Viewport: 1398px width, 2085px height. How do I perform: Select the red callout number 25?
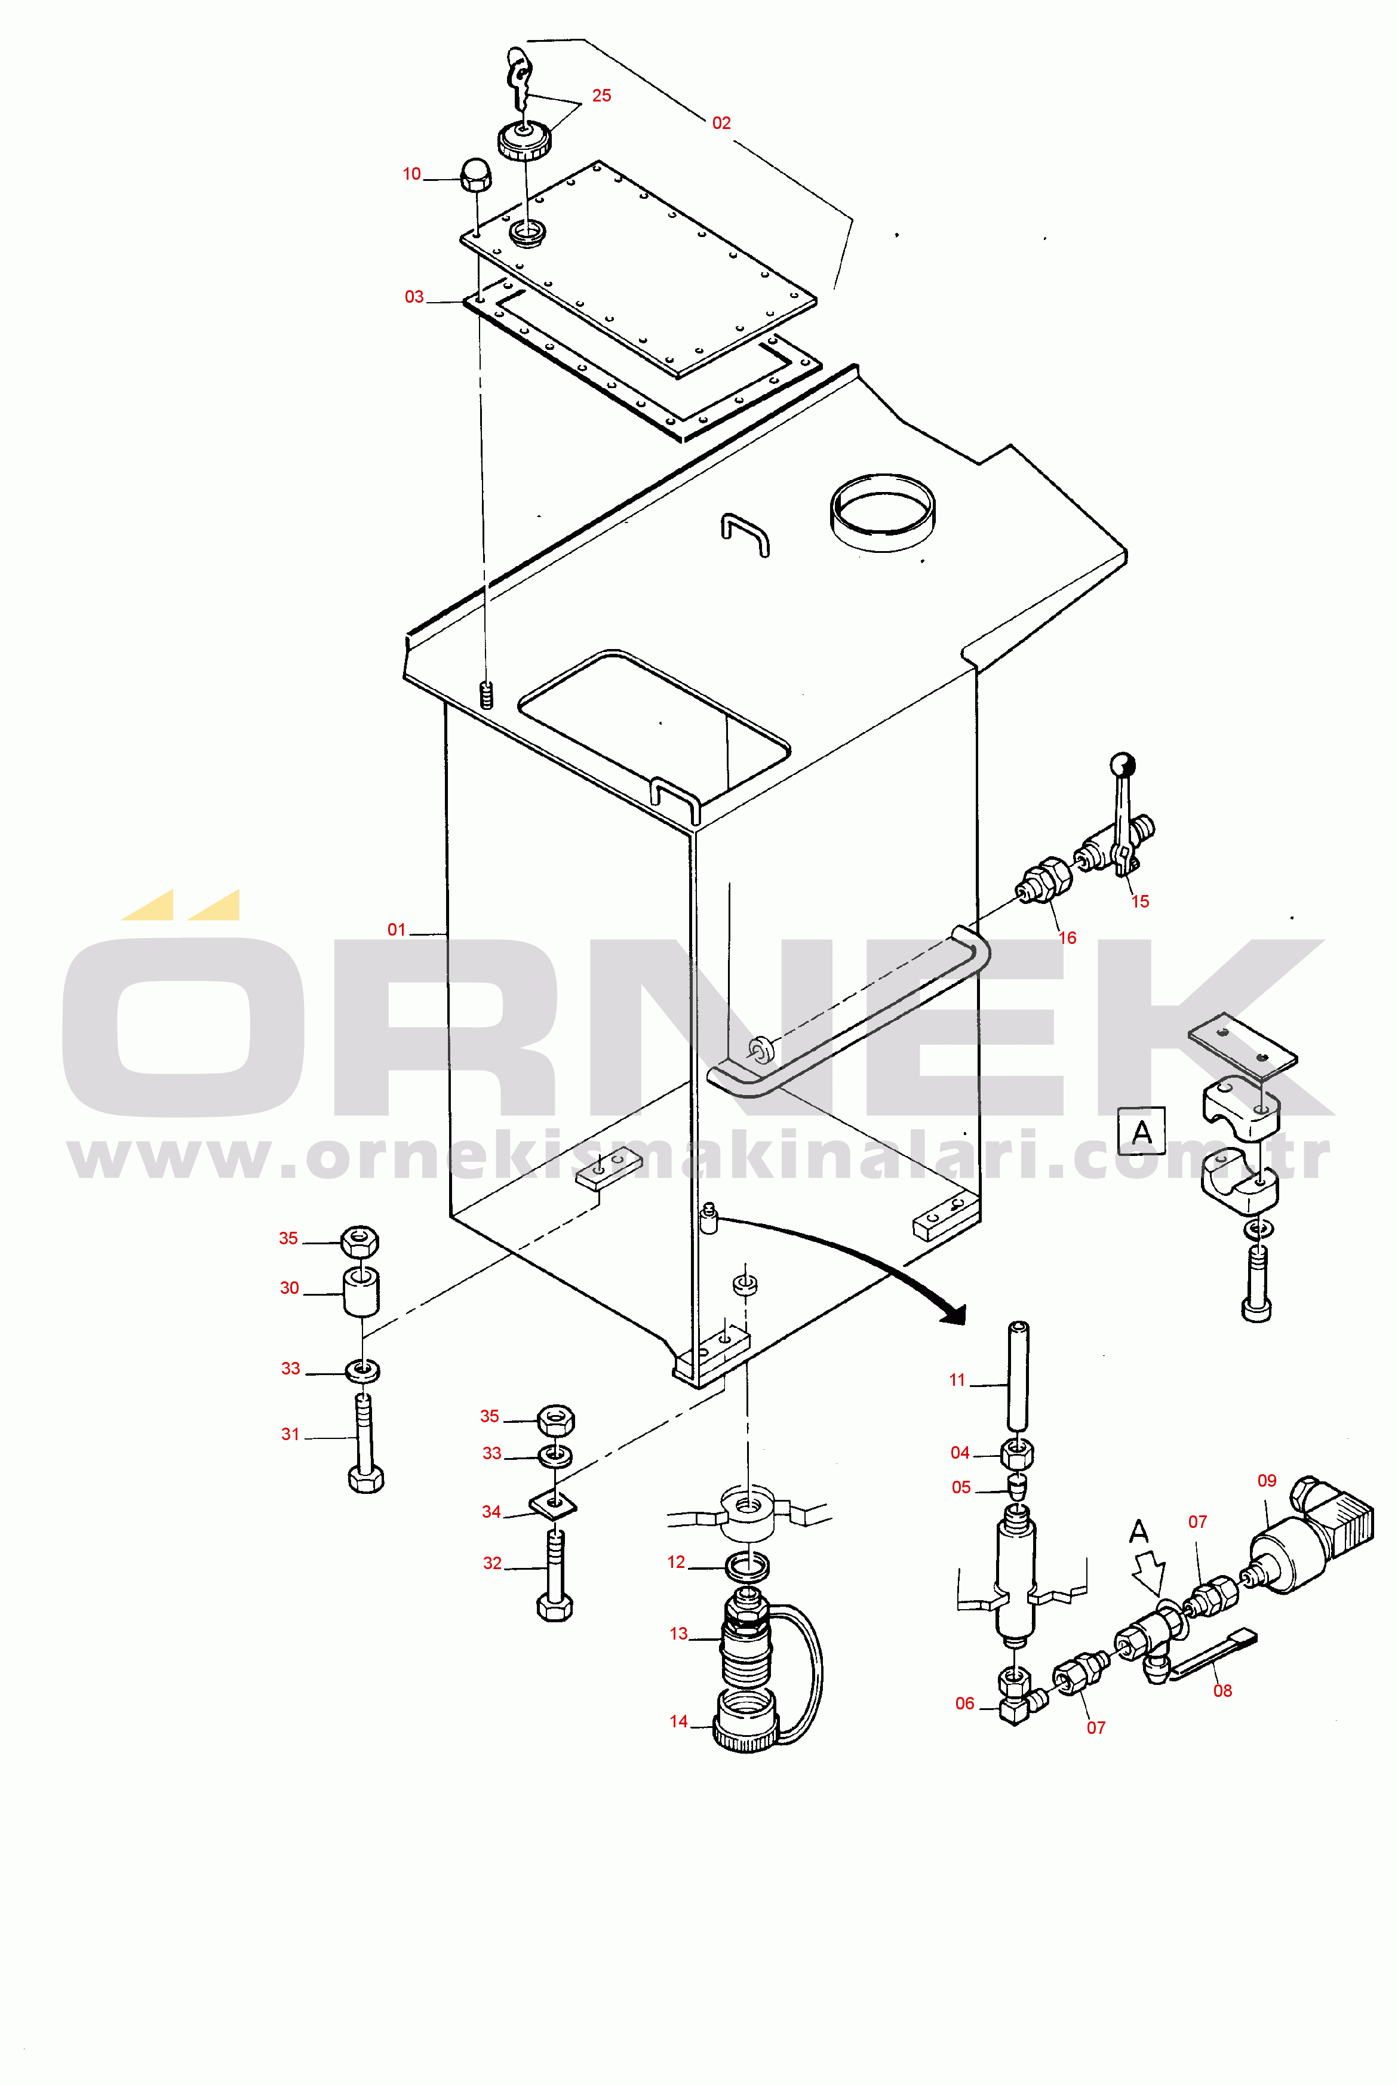point(602,96)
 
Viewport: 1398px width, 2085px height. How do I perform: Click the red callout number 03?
point(414,297)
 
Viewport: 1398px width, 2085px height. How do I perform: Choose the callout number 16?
point(1067,938)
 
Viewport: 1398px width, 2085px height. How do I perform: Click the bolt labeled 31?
point(365,1444)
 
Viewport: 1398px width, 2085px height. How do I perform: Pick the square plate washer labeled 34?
point(554,1506)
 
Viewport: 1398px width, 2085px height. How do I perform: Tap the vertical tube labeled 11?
point(1017,1377)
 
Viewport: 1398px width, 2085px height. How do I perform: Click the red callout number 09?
point(1267,1481)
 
